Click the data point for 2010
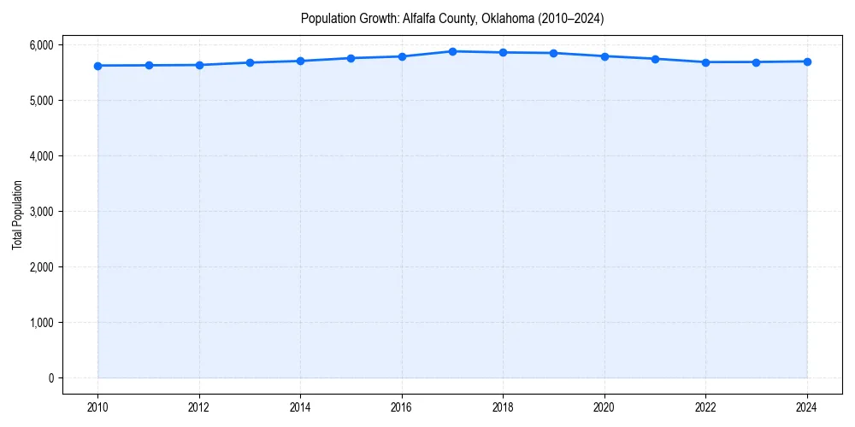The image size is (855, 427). pyautogui.click(x=97, y=66)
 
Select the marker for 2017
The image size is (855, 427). pyautogui.click(x=452, y=51)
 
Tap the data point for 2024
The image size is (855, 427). pyautogui.click(x=807, y=61)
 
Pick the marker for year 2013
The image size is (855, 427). pyautogui.click(x=250, y=62)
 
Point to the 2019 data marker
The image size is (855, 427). pyautogui.click(x=554, y=53)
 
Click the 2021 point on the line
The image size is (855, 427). pyautogui.click(x=655, y=59)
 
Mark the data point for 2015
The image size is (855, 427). pyautogui.click(x=351, y=58)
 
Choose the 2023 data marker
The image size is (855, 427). pyautogui.click(x=757, y=62)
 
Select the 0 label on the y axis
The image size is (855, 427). pyautogui.click(x=50, y=378)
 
